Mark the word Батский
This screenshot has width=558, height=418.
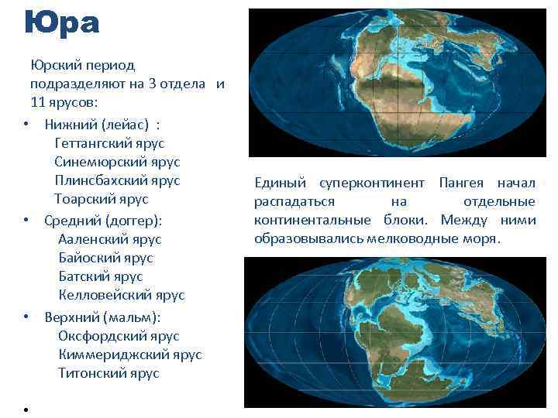pyautogui.click(x=84, y=276)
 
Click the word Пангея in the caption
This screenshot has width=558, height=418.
pyautogui.click(x=461, y=183)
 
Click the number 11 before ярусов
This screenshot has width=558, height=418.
pyautogui.click(x=38, y=102)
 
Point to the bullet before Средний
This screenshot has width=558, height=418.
pyautogui.click(x=26, y=221)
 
